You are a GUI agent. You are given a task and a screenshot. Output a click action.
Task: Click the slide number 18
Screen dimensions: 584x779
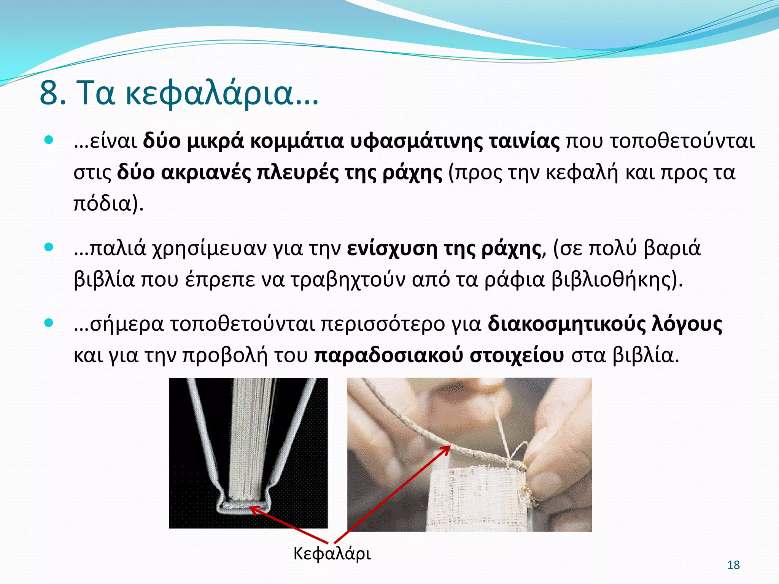point(733,565)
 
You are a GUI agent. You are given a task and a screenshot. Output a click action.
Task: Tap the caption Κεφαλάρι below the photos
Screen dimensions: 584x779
point(332,553)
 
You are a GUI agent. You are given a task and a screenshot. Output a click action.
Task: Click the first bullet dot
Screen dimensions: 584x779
point(49,140)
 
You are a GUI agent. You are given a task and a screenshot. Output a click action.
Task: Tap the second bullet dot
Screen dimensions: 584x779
point(49,248)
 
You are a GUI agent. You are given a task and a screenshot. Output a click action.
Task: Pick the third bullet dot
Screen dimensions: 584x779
point(49,323)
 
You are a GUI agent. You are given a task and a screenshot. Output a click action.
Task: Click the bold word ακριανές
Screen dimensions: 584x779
point(206,172)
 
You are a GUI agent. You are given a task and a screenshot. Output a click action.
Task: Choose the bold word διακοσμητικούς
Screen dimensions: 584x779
point(566,324)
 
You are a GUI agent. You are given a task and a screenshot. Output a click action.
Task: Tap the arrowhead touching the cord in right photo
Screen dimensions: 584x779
point(447,449)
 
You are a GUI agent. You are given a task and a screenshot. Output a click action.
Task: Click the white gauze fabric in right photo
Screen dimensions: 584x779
point(475,498)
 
